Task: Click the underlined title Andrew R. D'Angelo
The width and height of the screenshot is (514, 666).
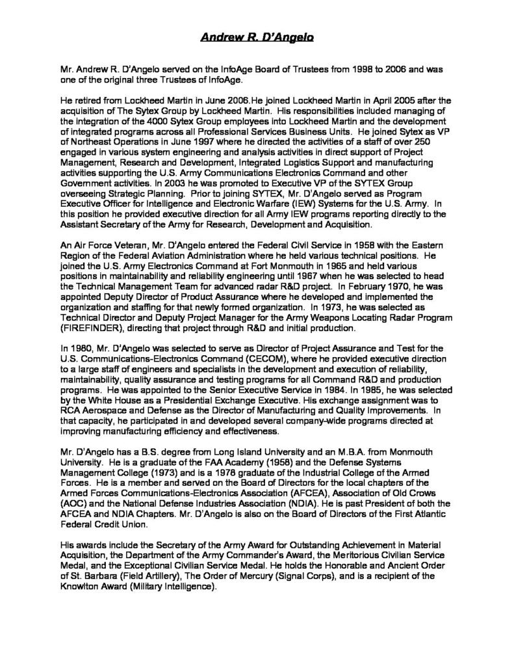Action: click(256, 38)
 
